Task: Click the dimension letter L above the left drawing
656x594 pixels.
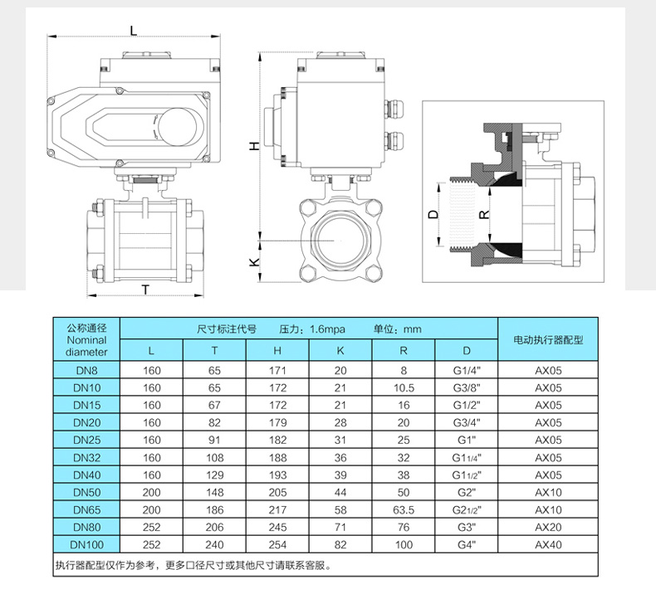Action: [x=134, y=30]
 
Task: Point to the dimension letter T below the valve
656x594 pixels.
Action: [x=145, y=290]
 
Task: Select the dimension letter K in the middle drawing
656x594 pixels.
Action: [x=255, y=262]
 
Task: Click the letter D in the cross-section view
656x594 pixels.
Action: [x=432, y=214]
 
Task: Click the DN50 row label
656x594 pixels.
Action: [x=86, y=493]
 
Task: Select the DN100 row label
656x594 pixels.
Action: [x=86, y=544]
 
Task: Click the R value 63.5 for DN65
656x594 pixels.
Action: [x=404, y=509]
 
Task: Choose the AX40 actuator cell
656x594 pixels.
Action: [x=548, y=544]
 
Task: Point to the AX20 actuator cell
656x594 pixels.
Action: [x=548, y=527]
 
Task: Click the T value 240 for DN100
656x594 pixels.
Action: [x=214, y=544]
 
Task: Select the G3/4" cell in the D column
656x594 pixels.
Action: [x=467, y=422]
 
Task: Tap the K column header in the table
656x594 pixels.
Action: [x=340, y=350]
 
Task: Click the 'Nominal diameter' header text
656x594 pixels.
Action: [x=86, y=345]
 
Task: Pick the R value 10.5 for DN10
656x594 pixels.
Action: [x=404, y=387]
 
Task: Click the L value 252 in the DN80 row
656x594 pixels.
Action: [x=151, y=527]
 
